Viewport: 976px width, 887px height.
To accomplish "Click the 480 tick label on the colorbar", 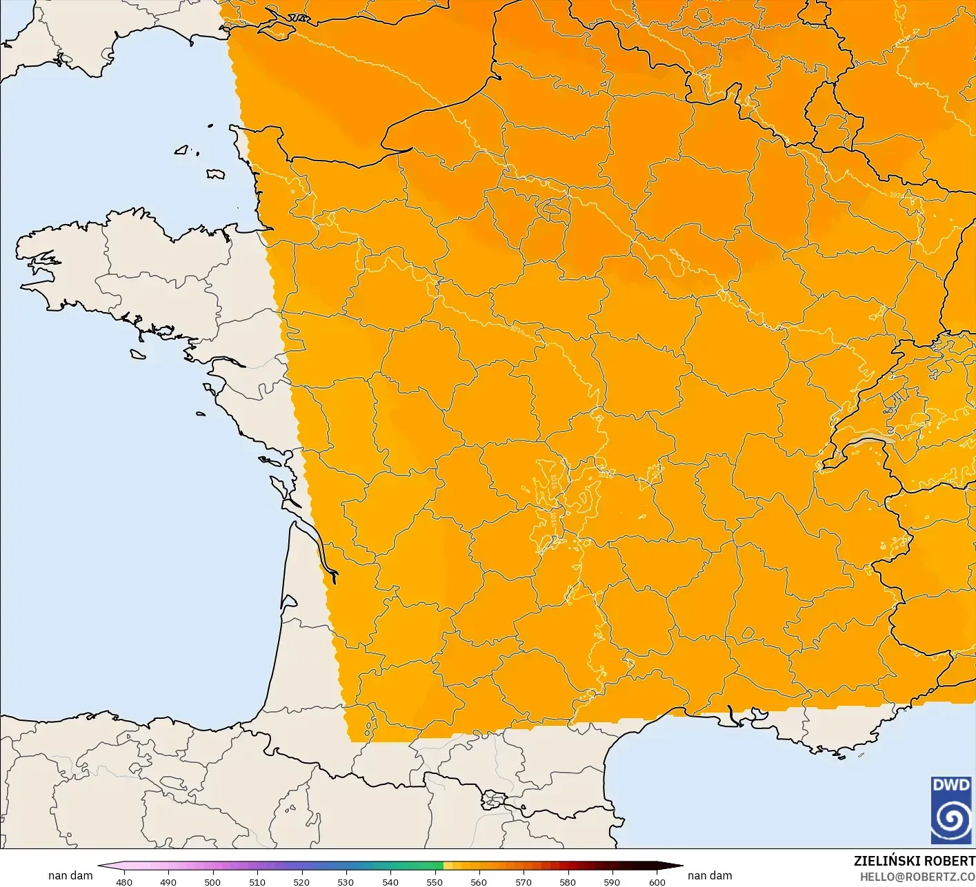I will point(124,881).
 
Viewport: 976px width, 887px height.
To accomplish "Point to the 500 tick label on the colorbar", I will point(212,881).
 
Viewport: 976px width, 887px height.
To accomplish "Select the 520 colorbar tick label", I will point(301,881).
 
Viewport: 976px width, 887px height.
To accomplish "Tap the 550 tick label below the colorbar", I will point(435,881).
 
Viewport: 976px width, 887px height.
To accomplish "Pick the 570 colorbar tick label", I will point(524,881).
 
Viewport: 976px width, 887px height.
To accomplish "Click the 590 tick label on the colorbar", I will point(612,881).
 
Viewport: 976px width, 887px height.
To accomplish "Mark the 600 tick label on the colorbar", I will point(657,881).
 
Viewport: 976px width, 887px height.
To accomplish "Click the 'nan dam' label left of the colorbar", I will point(70,875).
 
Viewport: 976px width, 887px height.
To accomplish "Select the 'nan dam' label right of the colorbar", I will point(710,875).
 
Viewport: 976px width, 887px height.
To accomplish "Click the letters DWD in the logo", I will point(951,784).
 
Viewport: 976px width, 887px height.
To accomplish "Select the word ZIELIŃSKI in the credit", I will point(887,861).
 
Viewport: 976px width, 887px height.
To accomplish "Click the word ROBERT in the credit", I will point(949,861).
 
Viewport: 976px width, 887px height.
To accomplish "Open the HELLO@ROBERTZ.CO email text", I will point(917,876).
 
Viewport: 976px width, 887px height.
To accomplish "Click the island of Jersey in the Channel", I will point(216,174).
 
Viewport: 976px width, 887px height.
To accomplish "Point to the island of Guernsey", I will point(182,149).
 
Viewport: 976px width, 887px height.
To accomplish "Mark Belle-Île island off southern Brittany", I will point(138,353).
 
